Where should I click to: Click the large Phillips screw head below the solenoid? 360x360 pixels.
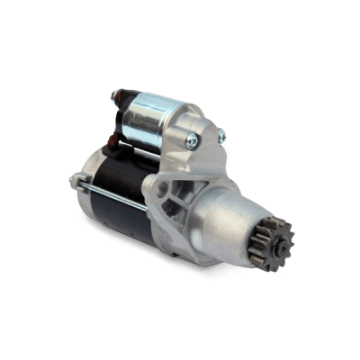190,139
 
